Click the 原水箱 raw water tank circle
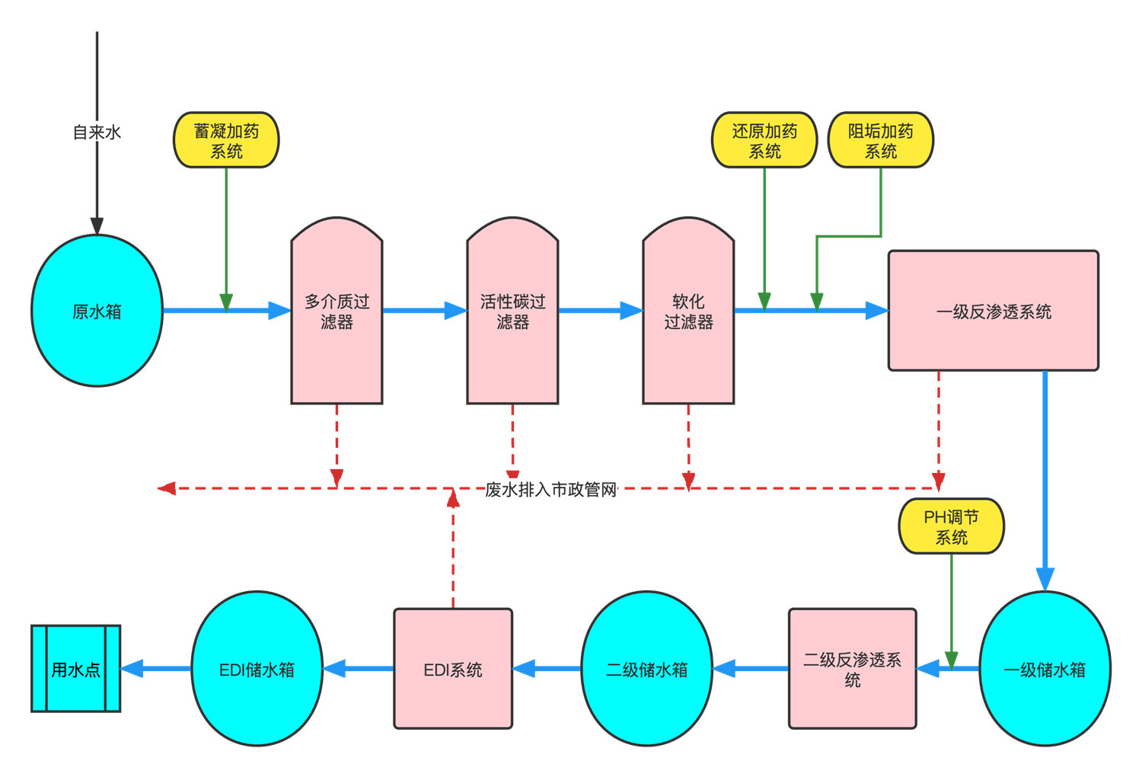coord(97,311)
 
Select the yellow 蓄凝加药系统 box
coord(226,140)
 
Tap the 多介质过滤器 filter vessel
coord(337,312)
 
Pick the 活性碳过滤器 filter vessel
coord(512,312)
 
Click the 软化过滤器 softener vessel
coord(688,312)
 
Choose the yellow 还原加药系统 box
coord(764,140)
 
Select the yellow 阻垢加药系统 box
coord(881,140)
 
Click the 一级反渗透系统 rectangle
coord(994,311)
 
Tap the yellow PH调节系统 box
coord(952,526)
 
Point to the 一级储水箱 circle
coord(1045,669)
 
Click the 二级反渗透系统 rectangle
coord(853,669)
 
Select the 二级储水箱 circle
coord(647,669)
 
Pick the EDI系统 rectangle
coord(453,669)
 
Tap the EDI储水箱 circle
coord(257,669)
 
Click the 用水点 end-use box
coord(75,669)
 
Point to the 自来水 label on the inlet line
coord(97,133)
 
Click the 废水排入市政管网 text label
coord(551,489)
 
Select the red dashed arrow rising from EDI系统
coord(453,548)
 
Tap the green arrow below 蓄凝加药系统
coord(226,236)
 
